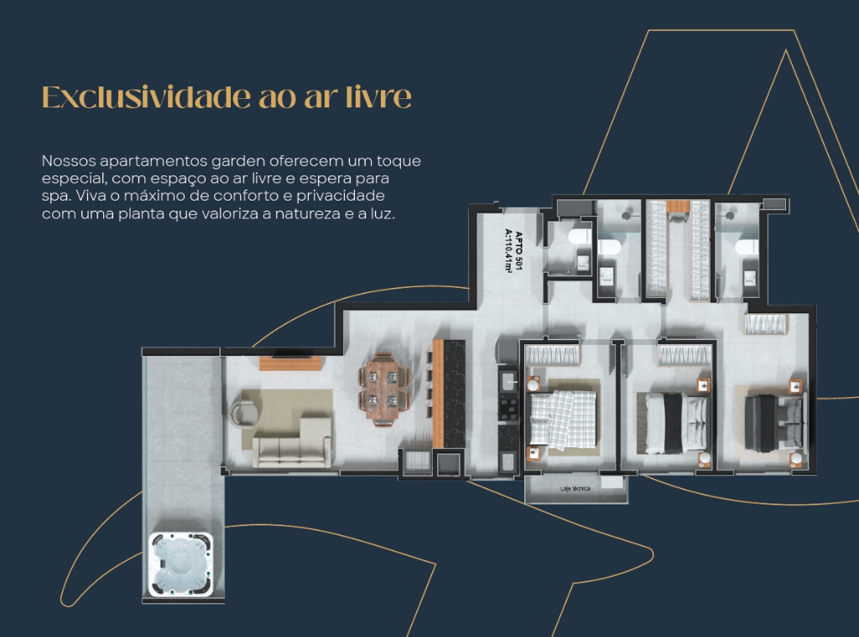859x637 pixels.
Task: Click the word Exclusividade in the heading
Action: [146, 97]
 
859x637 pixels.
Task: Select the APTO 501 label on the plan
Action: [518, 251]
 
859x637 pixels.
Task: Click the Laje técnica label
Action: [575, 488]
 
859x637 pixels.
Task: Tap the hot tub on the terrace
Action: [181, 565]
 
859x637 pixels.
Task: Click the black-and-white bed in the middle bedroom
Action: [674, 423]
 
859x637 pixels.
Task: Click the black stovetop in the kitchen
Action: [508, 409]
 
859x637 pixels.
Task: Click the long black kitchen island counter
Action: [454, 394]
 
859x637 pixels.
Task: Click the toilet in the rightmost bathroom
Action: [745, 247]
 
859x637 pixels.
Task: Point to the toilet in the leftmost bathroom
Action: [579, 237]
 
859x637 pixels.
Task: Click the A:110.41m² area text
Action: [508, 251]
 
